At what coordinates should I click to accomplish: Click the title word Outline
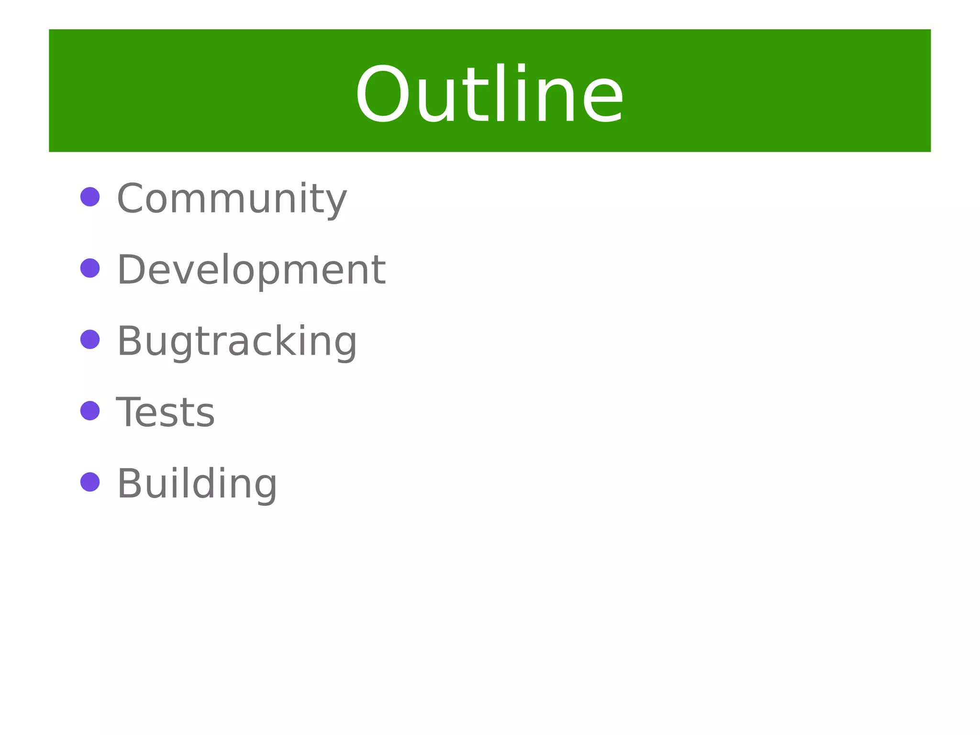click(x=489, y=94)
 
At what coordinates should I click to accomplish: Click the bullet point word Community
click(x=232, y=198)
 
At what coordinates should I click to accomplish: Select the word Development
click(x=251, y=269)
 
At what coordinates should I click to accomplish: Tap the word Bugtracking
click(x=237, y=341)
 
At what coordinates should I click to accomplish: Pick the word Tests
click(x=166, y=412)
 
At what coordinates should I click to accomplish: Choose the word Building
click(x=197, y=484)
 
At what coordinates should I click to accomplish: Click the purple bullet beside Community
click(x=90, y=197)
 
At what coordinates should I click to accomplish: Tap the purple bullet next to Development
click(x=90, y=268)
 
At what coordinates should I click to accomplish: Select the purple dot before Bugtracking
click(x=90, y=339)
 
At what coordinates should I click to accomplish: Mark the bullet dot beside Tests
click(x=90, y=411)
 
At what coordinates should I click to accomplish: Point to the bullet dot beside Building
click(x=90, y=482)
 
